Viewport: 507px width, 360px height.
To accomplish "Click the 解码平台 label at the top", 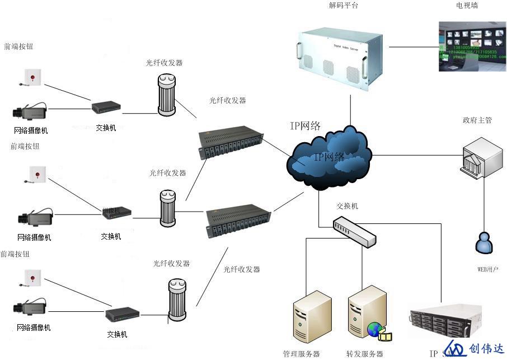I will [344, 6].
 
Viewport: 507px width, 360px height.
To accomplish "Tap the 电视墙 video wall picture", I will [472, 46].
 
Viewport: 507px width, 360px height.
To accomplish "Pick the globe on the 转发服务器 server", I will [374, 330].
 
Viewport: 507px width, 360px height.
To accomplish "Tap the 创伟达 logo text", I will [486, 349].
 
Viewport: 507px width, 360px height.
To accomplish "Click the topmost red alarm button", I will [34, 76].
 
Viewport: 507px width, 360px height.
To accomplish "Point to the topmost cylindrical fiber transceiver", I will [166, 96].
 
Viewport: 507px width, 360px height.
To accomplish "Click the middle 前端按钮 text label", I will [25, 146].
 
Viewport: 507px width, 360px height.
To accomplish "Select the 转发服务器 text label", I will [365, 354].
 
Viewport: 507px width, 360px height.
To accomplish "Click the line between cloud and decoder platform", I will [351, 110].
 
